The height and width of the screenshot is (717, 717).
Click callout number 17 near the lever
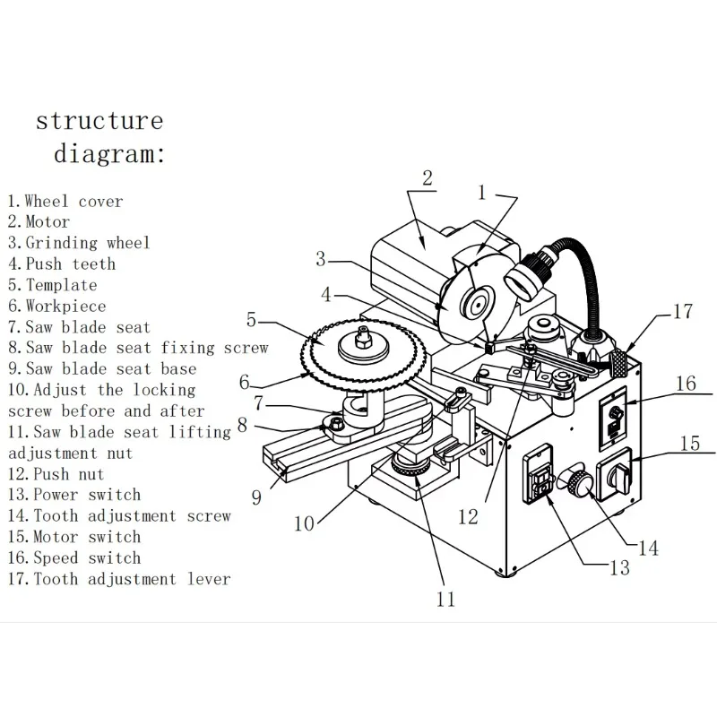click(683, 311)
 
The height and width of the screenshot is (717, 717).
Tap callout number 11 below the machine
click(445, 599)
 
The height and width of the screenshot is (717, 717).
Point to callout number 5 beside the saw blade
click(251, 320)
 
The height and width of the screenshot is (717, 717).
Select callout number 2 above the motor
click(428, 177)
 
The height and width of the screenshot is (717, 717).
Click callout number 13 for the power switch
click(620, 568)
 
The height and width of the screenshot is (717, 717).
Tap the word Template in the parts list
click(61, 285)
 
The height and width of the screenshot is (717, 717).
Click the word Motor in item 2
click(48, 221)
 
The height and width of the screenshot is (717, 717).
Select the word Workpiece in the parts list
click(65, 306)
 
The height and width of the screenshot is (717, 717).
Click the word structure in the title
click(99, 121)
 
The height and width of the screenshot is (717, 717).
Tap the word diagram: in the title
click(109, 153)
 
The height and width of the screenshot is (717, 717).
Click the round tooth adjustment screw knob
click(580, 482)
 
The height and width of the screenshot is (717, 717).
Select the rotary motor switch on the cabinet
click(615, 476)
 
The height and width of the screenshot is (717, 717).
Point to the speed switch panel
click(613, 419)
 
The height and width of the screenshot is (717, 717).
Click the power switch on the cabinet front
click(538, 475)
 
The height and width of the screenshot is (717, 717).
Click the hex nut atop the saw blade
click(363, 339)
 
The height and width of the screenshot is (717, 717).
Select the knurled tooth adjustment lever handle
click(618, 363)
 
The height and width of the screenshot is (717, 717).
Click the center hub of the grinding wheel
click(478, 305)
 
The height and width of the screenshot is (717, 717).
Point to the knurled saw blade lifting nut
click(410, 466)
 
